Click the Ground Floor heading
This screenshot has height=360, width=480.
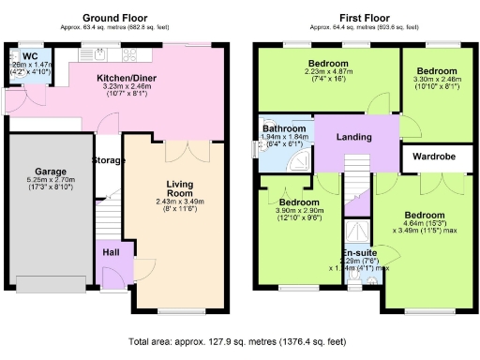pos(117,18)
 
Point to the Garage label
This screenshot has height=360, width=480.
pos(48,172)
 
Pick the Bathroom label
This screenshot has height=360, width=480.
pos(283,127)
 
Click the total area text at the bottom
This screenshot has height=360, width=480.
pos(240,341)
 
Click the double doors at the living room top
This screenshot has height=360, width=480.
pos(181,150)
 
